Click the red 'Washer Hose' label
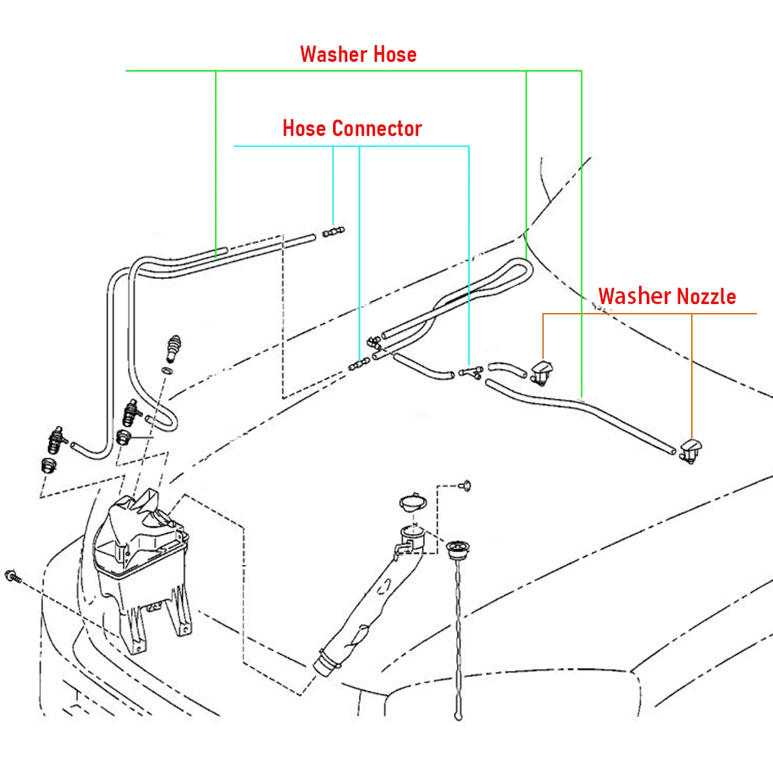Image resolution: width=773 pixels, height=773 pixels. tap(358, 54)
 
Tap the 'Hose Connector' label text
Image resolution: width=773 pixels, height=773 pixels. tap(352, 128)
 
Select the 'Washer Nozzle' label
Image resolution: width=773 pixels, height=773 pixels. tap(667, 296)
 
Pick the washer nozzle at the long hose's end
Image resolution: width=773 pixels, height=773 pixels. tap(691, 451)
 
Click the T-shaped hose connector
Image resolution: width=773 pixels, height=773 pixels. tap(471, 372)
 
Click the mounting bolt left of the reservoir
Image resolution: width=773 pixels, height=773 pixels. tap(13, 577)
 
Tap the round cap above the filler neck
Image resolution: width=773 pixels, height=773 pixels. tap(413, 503)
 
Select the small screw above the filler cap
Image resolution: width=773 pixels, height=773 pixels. tap(465, 486)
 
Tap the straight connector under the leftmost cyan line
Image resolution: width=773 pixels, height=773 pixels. tap(333, 232)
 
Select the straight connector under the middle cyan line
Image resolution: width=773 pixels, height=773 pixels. tap(359, 364)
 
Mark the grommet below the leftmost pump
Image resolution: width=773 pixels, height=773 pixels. tap(49, 465)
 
